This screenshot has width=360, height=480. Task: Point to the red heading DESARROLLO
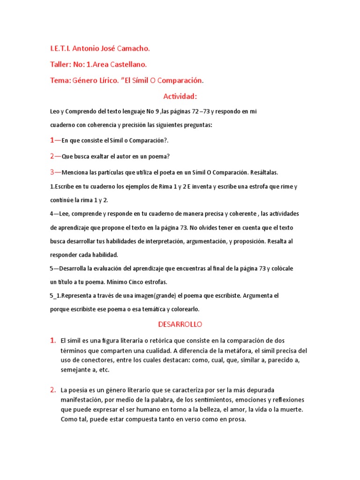click(x=180, y=324)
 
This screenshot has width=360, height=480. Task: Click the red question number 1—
click(x=55, y=140)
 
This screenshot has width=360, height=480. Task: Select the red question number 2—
click(x=55, y=156)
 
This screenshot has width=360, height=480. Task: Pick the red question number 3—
click(x=55, y=172)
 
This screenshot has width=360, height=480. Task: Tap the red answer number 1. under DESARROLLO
click(x=53, y=340)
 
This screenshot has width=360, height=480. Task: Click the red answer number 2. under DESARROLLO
click(x=53, y=390)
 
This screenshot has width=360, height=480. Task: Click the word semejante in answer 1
click(x=76, y=370)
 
